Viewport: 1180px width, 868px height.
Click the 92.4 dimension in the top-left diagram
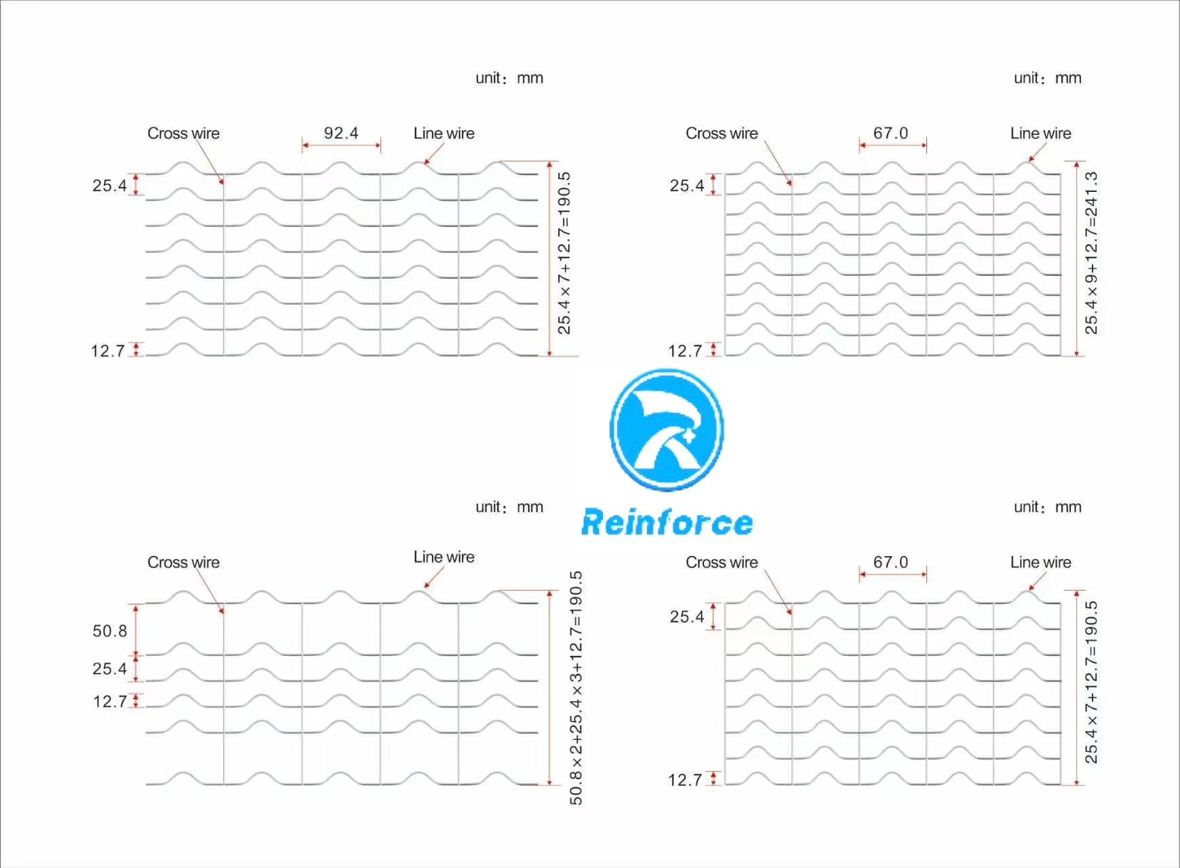[341, 133]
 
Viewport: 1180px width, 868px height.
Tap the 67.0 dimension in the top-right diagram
[890, 133]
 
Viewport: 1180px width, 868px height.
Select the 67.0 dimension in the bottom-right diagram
[890, 562]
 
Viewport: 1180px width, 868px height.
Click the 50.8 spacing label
[110, 631]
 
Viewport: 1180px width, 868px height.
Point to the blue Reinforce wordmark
[667, 523]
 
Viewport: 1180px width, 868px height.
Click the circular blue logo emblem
[667, 429]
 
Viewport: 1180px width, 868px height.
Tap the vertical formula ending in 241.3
[1091, 253]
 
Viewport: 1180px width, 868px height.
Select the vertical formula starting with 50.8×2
[576, 688]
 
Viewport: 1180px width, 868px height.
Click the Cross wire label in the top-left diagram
[184, 134]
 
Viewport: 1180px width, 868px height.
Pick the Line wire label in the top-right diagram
[1041, 134]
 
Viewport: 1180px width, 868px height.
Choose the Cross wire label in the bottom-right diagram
[722, 563]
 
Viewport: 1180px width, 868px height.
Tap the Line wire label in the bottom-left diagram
[444, 557]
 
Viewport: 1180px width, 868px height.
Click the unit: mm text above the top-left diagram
[509, 78]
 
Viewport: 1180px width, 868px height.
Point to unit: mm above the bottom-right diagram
[1048, 507]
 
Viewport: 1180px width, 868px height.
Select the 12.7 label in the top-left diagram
[108, 351]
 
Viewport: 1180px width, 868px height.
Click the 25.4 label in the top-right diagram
[687, 186]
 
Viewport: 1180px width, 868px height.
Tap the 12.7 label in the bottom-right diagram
[685, 781]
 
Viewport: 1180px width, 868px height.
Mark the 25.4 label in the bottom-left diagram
[110, 669]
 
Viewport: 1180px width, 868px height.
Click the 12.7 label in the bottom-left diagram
[110, 702]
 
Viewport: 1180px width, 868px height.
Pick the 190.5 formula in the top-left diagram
[564, 253]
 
